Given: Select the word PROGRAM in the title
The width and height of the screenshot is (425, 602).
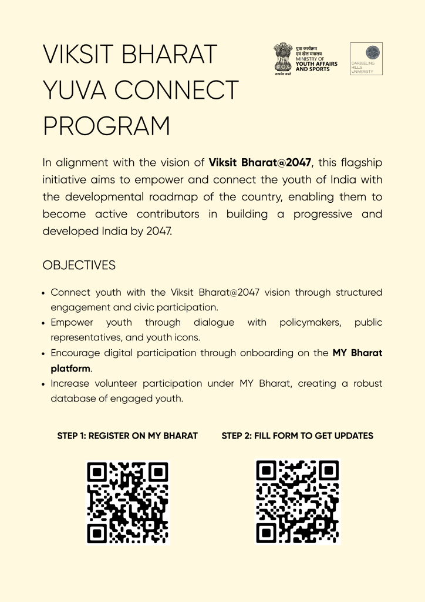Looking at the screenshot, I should coord(106,126).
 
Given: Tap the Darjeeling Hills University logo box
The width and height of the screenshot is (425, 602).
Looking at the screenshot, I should coord(366,59).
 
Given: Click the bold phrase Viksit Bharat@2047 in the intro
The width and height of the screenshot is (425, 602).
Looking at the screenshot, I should coord(260,162).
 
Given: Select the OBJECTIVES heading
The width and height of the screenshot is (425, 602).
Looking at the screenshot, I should coord(79,265).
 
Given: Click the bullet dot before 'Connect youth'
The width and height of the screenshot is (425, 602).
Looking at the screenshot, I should coord(45,293).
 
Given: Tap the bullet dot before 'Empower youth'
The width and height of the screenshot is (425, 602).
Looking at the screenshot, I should coord(45,323).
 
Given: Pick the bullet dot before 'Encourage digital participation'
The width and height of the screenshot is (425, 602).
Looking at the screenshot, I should coord(45,354).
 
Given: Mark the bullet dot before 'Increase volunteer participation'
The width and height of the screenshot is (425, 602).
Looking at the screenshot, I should coord(45,384).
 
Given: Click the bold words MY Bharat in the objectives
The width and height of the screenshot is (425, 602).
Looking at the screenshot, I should coord(357,353).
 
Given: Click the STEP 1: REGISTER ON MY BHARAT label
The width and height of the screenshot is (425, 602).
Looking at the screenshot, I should coord(127,436).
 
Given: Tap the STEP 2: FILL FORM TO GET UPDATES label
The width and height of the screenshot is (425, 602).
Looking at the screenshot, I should coord(298,436).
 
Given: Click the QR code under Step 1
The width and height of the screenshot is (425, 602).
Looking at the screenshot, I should coord(127,503).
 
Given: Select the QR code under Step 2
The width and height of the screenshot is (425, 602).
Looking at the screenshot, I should coord(297,501).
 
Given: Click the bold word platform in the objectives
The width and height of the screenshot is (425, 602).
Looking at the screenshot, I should coord(70,369).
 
